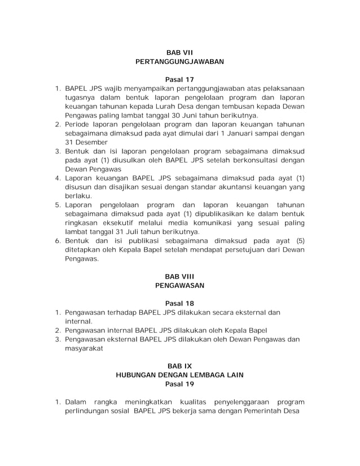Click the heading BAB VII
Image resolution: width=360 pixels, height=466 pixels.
click(x=179, y=52)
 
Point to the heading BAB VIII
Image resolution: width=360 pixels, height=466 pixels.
click(x=179, y=276)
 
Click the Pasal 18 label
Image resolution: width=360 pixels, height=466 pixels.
click(x=179, y=303)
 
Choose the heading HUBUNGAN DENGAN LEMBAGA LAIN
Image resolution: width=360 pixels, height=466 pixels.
click(x=179, y=375)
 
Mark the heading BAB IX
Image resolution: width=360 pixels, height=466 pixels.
click(x=179, y=366)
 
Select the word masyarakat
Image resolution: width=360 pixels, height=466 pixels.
click(x=85, y=348)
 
